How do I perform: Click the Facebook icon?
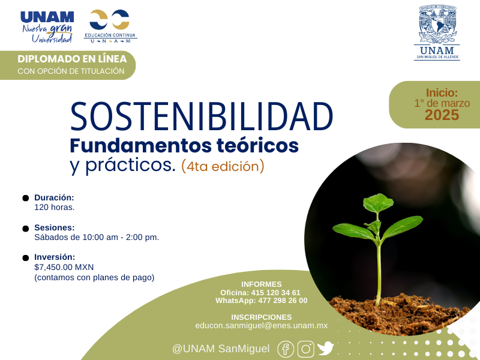click(286, 349)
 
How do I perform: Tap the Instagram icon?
click(306, 349)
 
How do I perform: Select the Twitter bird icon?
click(325, 349)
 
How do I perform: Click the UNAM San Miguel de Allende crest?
click(437, 32)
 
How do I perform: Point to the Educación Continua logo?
click(110, 26)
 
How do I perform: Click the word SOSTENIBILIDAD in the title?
click(202, 116)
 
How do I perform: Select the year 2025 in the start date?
click(442, 115)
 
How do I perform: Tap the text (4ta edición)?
click(223, 166)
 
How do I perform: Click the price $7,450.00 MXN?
click(64, 267)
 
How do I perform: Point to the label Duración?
click(54, 197)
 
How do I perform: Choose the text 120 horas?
click(55, 207)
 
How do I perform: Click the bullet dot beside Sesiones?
click(26, 229)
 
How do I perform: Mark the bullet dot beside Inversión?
click(26, 258)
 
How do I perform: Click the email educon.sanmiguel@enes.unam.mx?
click(262, 325)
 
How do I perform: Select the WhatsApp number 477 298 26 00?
click(283, 301)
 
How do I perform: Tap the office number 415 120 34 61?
click(276, 293)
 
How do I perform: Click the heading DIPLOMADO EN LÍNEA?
click(72, 59)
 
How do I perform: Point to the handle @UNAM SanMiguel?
click(221, 349)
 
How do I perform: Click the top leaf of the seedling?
click(379, 202)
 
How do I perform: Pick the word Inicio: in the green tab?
click(442, 92)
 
